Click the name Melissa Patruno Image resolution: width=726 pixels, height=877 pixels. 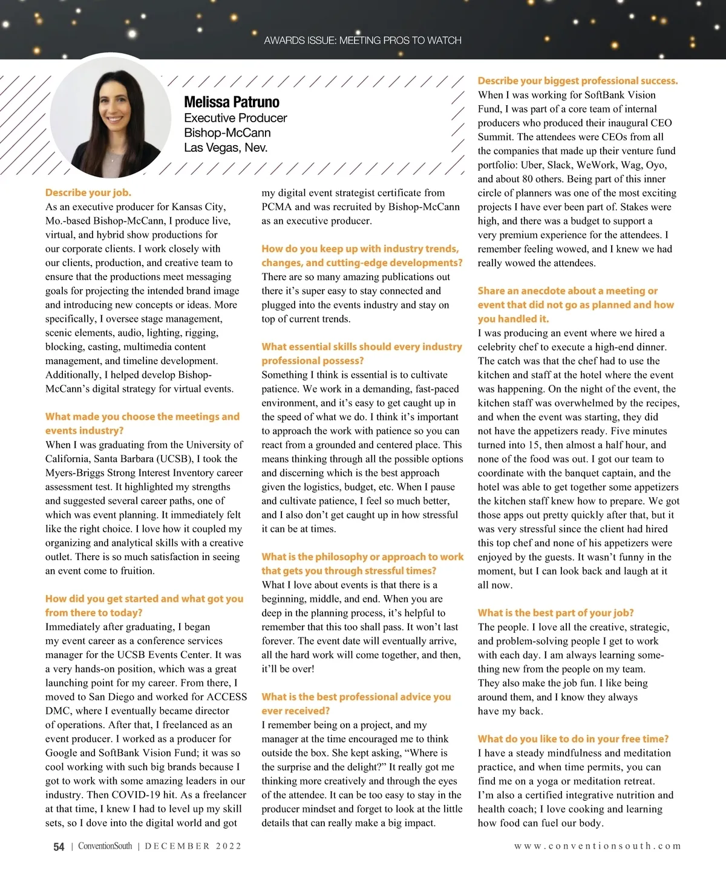232,102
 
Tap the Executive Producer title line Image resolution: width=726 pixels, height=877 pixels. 235,118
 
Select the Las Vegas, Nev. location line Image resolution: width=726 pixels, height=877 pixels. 226,148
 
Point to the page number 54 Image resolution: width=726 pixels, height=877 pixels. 59,847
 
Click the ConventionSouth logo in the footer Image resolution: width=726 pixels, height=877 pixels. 105,846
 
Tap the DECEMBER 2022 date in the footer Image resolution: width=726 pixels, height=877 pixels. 193,846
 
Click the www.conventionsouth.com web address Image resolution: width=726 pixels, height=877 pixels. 597,846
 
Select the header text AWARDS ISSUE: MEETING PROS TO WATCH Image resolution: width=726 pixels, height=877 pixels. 362,41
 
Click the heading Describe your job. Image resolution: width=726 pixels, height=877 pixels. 88,192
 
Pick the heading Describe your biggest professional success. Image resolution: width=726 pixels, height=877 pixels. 578,80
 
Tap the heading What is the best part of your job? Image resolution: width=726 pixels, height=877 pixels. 555,613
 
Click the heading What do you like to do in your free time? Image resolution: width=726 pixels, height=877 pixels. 573,738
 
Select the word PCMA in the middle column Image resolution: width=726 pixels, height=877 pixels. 276,207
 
